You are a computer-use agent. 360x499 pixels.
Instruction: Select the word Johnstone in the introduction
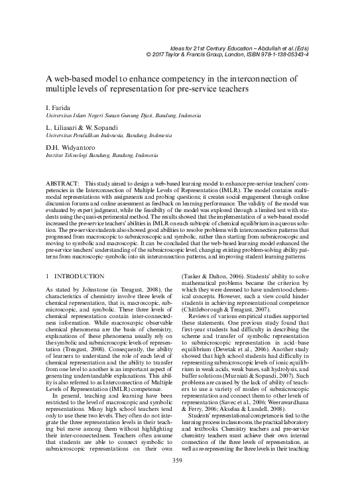[x=86, y=288]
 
